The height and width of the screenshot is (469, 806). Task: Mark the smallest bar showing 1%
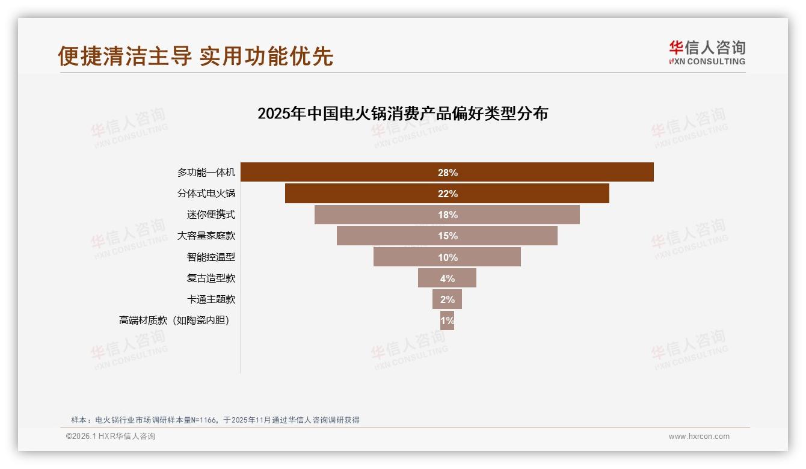point(447,320)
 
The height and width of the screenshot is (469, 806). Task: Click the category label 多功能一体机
point(206,173)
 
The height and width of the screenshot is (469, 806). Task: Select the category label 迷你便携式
point(211,215)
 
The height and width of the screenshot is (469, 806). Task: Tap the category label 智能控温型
point(211,257)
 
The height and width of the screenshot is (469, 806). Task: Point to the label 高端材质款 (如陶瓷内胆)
point(174,320)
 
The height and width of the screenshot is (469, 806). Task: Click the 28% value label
point(448,173)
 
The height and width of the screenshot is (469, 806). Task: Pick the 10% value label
point(448,257)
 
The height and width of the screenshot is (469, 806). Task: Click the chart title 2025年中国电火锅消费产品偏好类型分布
point(402,114)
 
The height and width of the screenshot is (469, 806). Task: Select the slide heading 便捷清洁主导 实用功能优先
point(195,56)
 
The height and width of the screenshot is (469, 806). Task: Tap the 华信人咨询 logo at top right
point(707,52)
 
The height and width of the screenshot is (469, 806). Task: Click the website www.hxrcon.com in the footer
point(699,437)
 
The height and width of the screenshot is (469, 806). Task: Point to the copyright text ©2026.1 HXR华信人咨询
point(111,437)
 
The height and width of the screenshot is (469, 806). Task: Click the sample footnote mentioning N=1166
point(215,420)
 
